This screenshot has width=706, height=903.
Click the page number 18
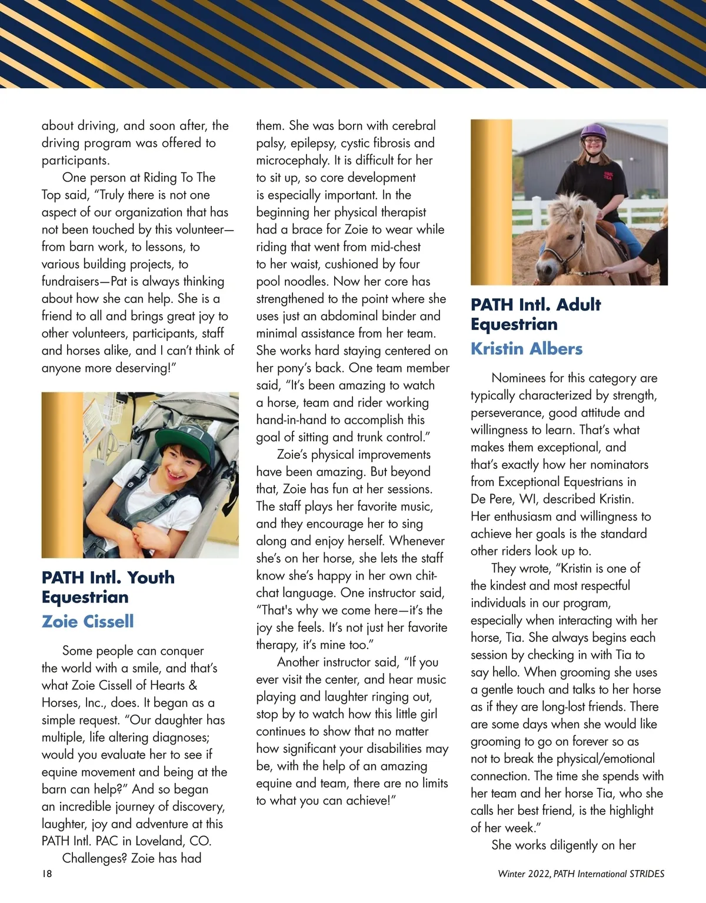47,874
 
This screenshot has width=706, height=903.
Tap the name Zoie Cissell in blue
88,621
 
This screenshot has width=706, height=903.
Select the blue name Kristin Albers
527,348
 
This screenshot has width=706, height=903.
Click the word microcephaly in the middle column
292,160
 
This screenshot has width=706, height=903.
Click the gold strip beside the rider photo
491,202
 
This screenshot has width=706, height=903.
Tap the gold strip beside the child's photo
62,475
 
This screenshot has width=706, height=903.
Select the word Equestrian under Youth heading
85,597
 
